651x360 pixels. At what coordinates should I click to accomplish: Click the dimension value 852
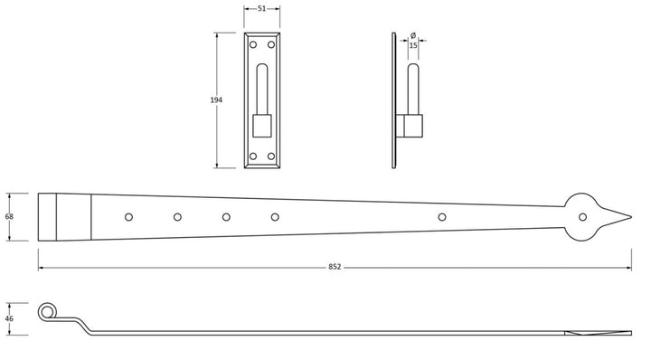click(x=335, y=268)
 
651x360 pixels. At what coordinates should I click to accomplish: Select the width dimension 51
click(x=260, y=8)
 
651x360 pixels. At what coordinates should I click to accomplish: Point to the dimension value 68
click(x=10, y=217)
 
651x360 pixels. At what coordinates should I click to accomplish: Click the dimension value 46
click(x=10, y=318)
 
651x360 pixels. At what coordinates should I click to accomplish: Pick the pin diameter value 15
click(x=413, y=44)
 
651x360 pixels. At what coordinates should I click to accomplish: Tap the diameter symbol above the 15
click(x=413, y=34)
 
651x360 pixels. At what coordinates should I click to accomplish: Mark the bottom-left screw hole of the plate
click(x=252, y=157)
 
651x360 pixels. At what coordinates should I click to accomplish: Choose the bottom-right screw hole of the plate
click(x=272, y=157)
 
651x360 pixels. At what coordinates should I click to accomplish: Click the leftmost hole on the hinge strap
click(x=128, y=216)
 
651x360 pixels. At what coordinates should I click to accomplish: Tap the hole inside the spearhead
click(x=582, y=216)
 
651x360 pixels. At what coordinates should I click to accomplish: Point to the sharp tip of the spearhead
click(x=629, y=216)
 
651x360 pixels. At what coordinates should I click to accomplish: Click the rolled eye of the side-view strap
click(x=46, y=311)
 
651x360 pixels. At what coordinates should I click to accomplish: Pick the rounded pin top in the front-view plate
click(x=262, y=71)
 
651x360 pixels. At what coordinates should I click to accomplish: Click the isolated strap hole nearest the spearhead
click(x=442, y=216)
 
